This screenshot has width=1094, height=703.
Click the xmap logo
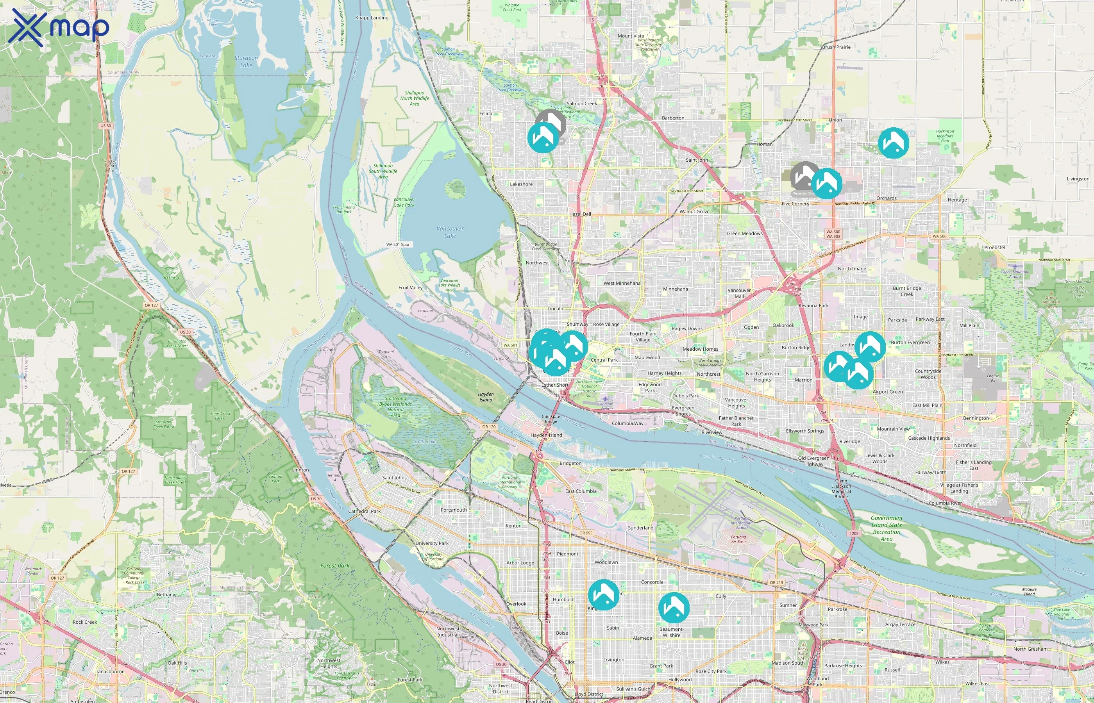59,27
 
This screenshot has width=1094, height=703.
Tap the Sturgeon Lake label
246,62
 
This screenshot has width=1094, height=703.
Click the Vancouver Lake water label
450,232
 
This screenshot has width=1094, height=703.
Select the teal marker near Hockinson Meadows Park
893,143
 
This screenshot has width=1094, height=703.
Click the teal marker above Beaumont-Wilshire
674,607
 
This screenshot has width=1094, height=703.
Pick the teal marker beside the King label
603,594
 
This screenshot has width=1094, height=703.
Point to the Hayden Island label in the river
486,397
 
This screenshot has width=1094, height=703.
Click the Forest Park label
335,566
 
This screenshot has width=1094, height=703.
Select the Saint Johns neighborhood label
394,478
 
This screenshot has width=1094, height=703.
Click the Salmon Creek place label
582,103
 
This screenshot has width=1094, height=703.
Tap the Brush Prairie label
836,47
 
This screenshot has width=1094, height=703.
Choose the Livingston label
1078,179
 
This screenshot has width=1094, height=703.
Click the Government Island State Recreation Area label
886,528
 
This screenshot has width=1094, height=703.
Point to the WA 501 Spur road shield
398,244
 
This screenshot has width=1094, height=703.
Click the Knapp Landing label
372,18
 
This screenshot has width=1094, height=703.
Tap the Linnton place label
300,470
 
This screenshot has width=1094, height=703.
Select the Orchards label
886,198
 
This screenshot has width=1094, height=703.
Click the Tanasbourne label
110,671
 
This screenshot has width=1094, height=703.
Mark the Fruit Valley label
411,287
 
